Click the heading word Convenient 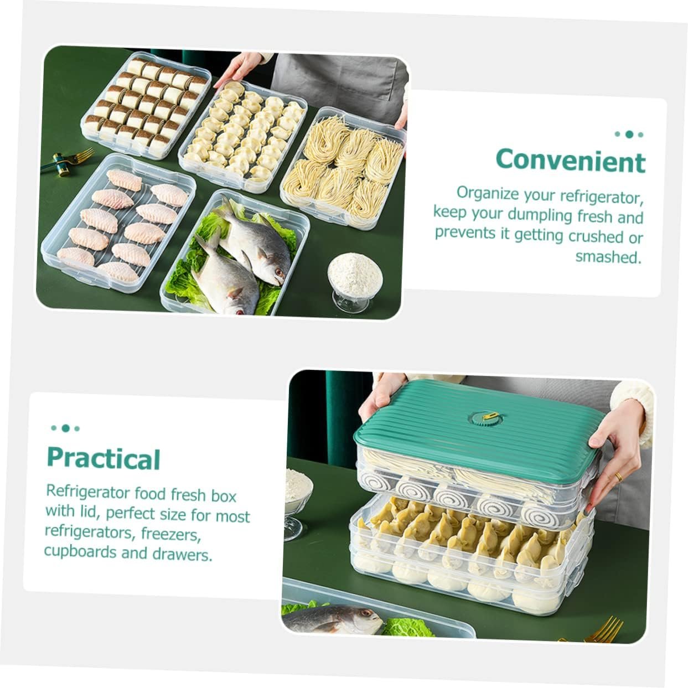(570, 161)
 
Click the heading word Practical (104, 458)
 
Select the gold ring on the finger (619, 477)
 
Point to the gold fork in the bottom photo (603, 629)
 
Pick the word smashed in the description (608, 257)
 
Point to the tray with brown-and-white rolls (147, 103)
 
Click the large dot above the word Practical (66, 428)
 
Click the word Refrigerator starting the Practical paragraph (88, 492)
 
